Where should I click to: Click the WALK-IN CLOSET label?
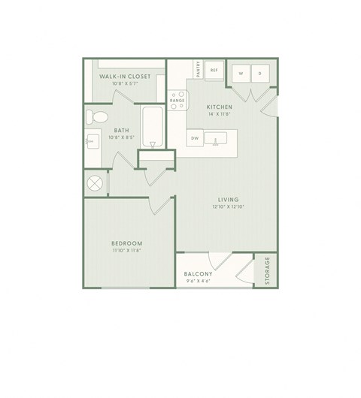pos(125,77)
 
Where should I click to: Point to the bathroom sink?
pos(92,140)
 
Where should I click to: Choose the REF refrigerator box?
pos(214,70)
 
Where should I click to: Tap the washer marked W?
pos(241,74)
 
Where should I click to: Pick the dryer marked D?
pos(259,74)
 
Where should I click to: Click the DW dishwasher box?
pos(194,138)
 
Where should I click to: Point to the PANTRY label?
pos(198,69)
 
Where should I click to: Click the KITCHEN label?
pos(219,107)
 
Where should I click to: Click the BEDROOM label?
pos(127,243)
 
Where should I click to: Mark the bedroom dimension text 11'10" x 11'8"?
pos(127,251)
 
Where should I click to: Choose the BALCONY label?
pos(199,274)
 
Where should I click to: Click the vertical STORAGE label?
pos(267,270)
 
